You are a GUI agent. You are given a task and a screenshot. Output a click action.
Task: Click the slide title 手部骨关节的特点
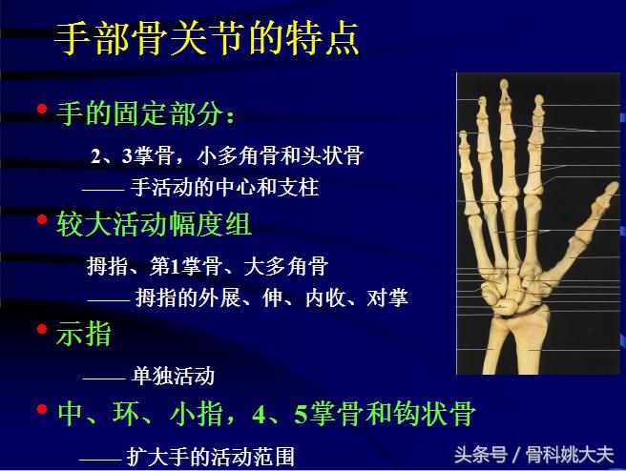[207, 37]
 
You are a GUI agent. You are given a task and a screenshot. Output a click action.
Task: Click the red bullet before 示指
[41, 329]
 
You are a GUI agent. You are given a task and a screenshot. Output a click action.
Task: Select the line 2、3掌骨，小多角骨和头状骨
[226, 155]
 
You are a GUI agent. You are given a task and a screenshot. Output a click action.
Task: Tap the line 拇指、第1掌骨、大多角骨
[207, 266]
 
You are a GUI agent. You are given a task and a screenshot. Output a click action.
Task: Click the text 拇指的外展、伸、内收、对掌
[271, 298]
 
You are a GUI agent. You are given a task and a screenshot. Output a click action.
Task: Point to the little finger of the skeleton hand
[465, 162]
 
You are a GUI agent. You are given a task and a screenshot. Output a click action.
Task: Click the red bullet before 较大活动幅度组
[41, 220]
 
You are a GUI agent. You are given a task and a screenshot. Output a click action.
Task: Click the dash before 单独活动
[104, 376]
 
